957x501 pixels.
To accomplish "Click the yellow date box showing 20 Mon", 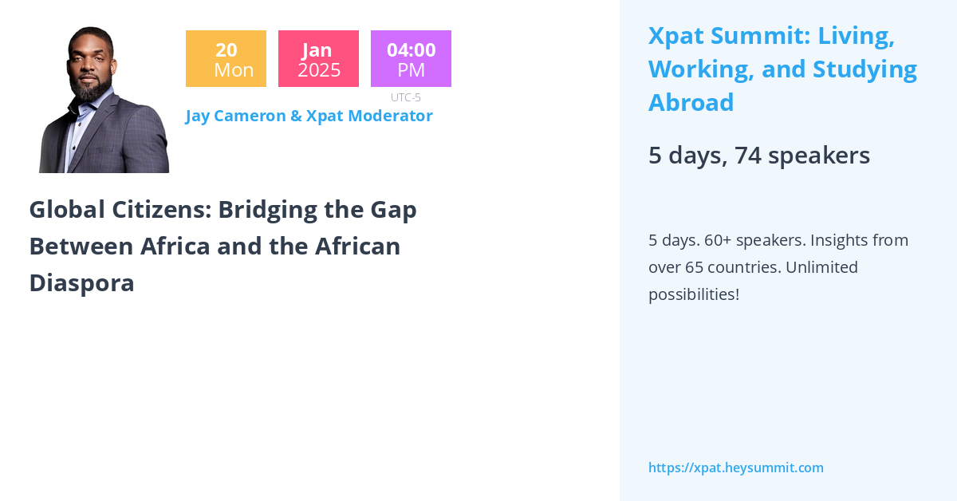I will tap(226, 59).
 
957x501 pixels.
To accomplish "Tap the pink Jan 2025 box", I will tap(318, 59).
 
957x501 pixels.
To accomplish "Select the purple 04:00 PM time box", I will tap(411, 59).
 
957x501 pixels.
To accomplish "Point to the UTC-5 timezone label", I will tap(405, 97).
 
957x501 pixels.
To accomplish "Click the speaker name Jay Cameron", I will tap(235, 116).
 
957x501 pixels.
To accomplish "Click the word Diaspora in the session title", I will tap(81, 283).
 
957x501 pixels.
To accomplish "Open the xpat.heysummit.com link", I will tap(735, 467).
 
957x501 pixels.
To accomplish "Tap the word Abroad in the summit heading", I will tap(691, 103).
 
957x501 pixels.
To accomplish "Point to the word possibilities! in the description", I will tap(693, 294).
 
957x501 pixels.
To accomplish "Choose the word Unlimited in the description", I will tap(821, 267).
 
